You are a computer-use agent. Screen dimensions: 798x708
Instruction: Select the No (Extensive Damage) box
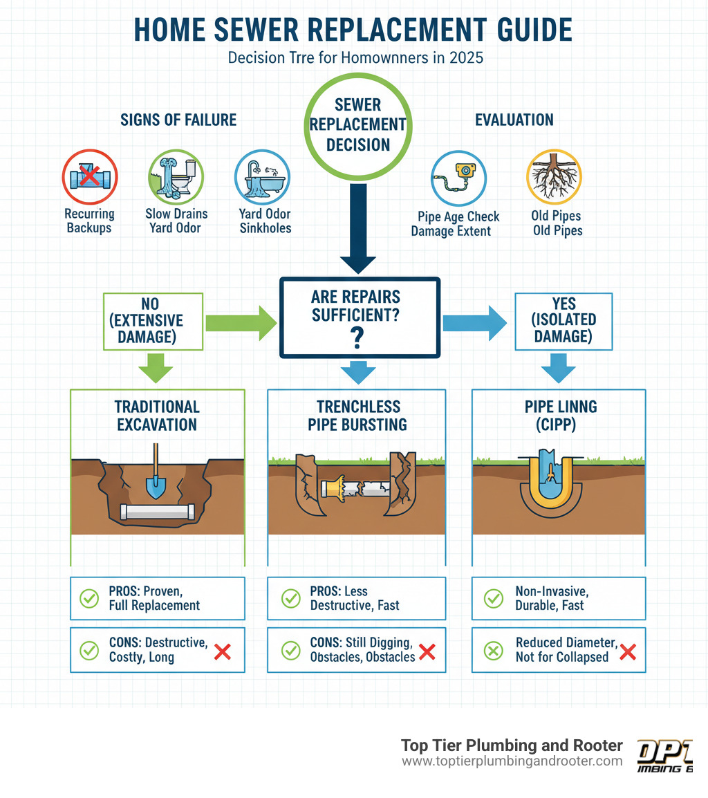(153, 321)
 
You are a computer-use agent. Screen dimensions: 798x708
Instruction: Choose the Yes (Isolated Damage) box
(563, 320)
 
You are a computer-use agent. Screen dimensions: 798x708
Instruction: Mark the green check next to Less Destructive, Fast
(291, 598)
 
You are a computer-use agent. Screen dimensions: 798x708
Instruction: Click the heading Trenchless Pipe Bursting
(357, 415)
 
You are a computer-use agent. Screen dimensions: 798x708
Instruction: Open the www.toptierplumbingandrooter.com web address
(512, 761)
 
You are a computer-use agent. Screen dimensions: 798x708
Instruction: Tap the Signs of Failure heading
(179, 120)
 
